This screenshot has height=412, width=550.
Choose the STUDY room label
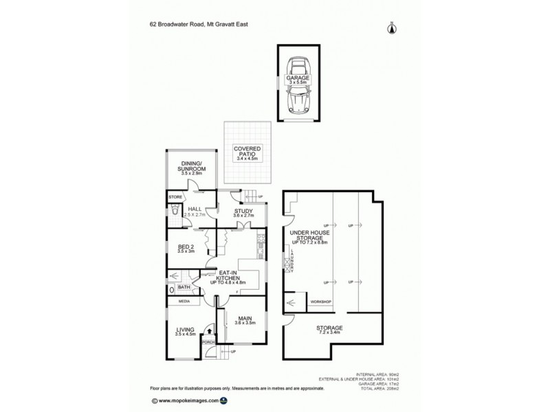[244, 211]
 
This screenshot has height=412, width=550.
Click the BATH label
[184, 288]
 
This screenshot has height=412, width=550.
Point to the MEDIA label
[184, 301]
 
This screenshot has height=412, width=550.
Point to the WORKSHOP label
[320, 302]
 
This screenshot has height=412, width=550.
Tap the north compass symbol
[392, 27]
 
